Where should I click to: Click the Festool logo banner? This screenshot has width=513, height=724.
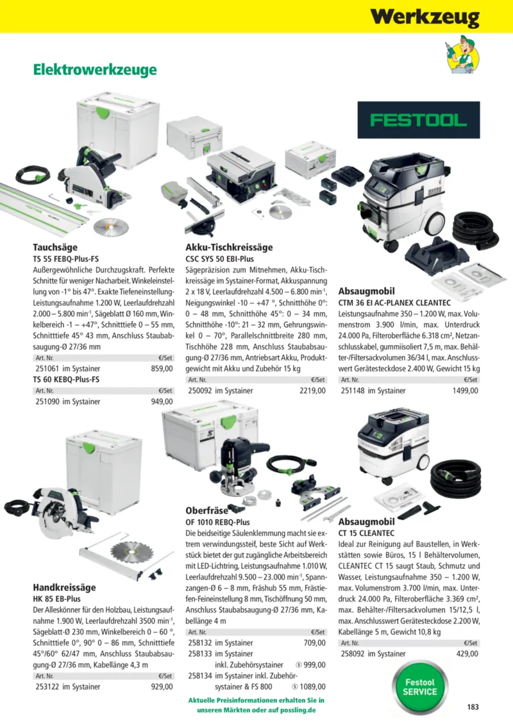418,120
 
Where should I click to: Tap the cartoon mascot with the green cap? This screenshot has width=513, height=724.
462,54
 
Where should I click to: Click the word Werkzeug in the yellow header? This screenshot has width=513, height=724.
425,17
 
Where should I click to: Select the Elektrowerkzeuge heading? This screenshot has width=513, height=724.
95,70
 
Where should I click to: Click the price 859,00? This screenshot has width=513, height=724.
162,369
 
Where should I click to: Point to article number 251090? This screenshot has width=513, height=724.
47,401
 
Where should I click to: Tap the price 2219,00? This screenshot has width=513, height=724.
312,391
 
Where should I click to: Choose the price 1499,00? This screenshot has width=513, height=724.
466,391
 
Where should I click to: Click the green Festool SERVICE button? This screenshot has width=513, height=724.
420,687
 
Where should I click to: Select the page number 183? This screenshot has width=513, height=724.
473,707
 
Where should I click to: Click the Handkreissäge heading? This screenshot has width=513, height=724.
64,587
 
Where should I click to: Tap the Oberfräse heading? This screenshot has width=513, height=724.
207,510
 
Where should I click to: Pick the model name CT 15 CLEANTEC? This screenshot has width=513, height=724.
366,534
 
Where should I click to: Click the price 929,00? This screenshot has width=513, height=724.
162,687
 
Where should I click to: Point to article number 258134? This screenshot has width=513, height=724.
200,675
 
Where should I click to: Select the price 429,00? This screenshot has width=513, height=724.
467,654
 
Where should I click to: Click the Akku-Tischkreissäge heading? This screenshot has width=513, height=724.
229,248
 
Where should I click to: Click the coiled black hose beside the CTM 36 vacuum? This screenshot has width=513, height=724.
476,230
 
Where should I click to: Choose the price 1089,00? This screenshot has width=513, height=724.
312,687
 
